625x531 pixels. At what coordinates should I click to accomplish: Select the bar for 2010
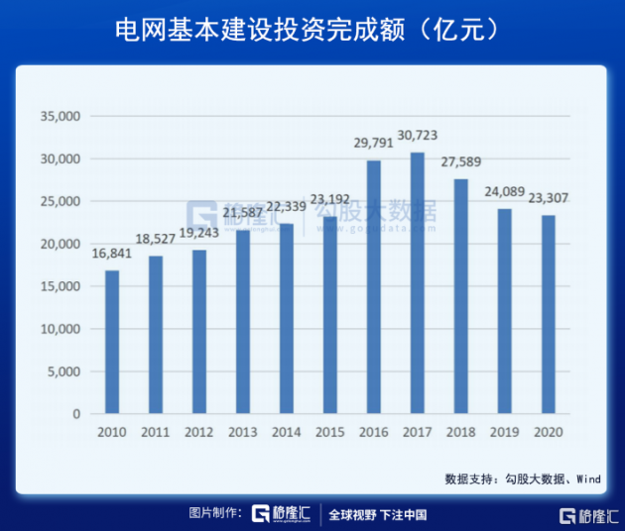click(x=112, y=342)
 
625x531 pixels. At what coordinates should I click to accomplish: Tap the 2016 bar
click(x=374, y=286)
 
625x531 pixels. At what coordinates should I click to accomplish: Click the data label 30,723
click(x=418, y=135)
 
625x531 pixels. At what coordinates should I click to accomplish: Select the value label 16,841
click(x=112, y=254)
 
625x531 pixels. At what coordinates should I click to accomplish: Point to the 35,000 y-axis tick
click(x=59, y=117)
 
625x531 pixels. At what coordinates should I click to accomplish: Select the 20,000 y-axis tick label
click(x=59, y=244)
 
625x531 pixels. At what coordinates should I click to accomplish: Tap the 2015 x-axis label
click(x=330, y=432)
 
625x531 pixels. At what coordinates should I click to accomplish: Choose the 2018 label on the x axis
click(x=461, y=432)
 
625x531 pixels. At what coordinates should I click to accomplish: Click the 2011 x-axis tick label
click(x=156, y=432)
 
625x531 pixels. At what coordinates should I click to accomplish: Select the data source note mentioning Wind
click(x=523, y=478)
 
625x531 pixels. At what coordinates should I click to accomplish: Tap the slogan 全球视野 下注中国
click(x=378, y=514)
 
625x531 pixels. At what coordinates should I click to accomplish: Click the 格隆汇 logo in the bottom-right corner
click(x=589, y=516)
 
